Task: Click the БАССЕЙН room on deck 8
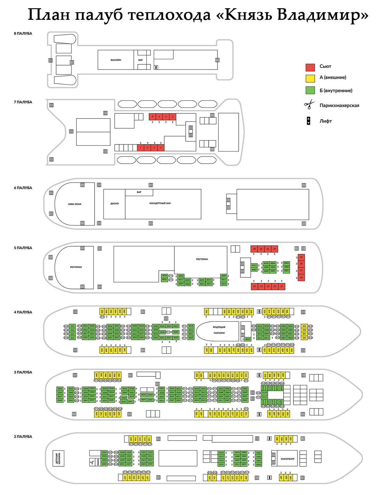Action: (116, 60)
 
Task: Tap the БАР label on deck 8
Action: (140, 60)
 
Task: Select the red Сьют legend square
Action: (310, 67)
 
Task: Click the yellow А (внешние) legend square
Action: (310, 78)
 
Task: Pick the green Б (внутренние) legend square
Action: (310, 91)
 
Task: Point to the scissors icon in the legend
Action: (309, 105)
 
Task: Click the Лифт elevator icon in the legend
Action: (308, 121)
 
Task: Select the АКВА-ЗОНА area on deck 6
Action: (75, 204)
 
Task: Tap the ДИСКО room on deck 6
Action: (115, 204)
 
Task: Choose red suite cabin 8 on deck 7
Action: (152, 117)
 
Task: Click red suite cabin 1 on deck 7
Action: (161, 148)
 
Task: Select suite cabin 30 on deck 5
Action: (254, 249)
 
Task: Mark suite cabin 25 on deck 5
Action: (282, 287)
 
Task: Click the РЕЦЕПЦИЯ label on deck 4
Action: (219, 327)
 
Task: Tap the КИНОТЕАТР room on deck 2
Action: (288, 459)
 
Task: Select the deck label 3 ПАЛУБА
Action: (23, 372)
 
